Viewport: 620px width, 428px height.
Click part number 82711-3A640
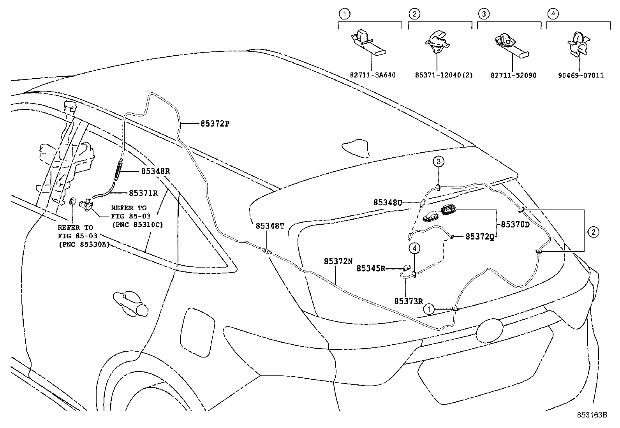[x=373, y=75]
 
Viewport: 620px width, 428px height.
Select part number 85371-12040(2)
[x=444, y=75]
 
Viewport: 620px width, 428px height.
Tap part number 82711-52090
[x=513, y=75]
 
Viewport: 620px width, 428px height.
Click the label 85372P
[x=215, y=124]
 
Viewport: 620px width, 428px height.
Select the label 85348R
[x=155, y=171]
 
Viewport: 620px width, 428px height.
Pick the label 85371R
[x=143, y=193]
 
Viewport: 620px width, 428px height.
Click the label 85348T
[x=270, y=226]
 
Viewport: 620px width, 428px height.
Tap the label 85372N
[x=338, y=262]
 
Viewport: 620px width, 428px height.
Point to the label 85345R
[x=371, y=268]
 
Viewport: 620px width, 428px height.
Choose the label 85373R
[x=409, y=301]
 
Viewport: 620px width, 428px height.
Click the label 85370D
[x=515, y=225]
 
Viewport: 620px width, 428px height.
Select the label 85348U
[x=387, y=203]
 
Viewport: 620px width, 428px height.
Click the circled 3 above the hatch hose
[x=438, y=161]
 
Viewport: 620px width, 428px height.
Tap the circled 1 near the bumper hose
[x=428, y=309]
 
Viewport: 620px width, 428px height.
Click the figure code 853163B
[x=592, y=415]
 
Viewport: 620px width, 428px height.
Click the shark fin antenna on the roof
[x=356, y=148]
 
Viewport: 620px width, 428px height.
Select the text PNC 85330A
[x=84, y=245]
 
